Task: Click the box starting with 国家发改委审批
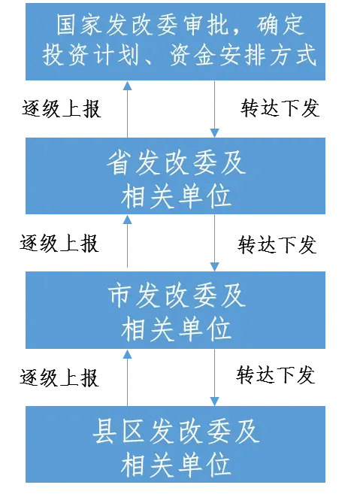pyautogui.click(x=175, y=41)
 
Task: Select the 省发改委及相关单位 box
pyautogui.click(x=175, y=176)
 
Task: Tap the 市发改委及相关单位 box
pyautogui.click(x=175, y=310)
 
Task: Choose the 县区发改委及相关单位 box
pyautogui.click(x=175, y=444)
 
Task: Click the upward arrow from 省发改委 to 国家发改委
pyautogui.click(x=128, y=109)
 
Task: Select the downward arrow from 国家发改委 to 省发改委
pyautogui.click(x=214, y=109)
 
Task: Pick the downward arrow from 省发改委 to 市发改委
pyautogui.click(x=214, y=243)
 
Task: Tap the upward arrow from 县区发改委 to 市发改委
pyautogui.click(x=128, y=377)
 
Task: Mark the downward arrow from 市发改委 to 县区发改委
pyautogui.click(x=214, y=377)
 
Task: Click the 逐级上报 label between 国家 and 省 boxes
pyautogui.click(x=62, y=109)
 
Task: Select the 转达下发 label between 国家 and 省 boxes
pyautogui.click(x=280, y=108)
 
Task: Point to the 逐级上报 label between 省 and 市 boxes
pyautogui.click(x=59, y=244)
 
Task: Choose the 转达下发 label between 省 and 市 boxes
pyautogui.click(x=277, y=244)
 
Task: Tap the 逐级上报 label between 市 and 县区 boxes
pyautogui.click(x=59, y=377)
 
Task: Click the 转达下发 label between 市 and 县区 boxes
pyautogui.click(x=276, y=374)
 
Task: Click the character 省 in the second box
pyautogui.click(x=118, y=162)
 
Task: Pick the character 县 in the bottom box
pyautogui.click(x=104, y=431)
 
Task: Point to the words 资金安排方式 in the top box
pyautogui.click(x=243, y=55)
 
